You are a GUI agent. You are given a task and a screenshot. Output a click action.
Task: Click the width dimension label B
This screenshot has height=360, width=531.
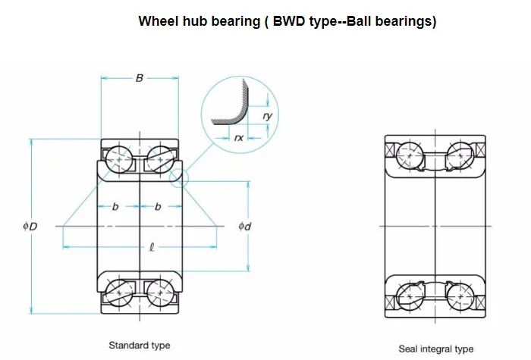pyautogui.click(x=140, y=77)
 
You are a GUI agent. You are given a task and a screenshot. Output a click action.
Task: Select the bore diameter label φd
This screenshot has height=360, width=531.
pyautogui.click(x=244, y=226)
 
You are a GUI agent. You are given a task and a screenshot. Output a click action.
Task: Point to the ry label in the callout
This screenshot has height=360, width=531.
pyautogui.click(x=266, y=115)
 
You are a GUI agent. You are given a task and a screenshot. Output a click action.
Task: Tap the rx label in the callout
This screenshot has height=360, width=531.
pyautogui.click(x=238, y=137)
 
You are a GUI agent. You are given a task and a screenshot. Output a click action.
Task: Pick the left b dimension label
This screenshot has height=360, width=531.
pyautogui.click(x=115, y=207)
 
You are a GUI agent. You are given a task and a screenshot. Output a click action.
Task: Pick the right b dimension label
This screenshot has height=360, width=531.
pyautogui.click(x=158, y=207)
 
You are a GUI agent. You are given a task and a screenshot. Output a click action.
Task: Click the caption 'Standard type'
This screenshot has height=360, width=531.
pyautogui.click(x=140, y=346)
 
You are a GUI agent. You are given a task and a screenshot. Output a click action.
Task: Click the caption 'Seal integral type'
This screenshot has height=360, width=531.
pyautogui.click(x=436, y=349)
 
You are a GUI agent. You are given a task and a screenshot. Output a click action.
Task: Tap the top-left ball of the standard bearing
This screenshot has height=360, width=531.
pyautogui.click(x=119, y=160)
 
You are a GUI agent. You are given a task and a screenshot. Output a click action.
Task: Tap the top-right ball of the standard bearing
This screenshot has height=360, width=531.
pyautogui.click(x=159, y=160)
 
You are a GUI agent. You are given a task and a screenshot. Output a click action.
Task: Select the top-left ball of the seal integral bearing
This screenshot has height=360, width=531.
pyautogui.click(x=410, y=158)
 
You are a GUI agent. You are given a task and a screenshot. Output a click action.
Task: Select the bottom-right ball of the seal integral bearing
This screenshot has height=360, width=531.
pyautogui.click(x=458, y=292)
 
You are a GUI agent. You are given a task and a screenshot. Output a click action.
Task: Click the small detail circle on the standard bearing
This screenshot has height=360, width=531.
pyautogui.click(x=178, y=179)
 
